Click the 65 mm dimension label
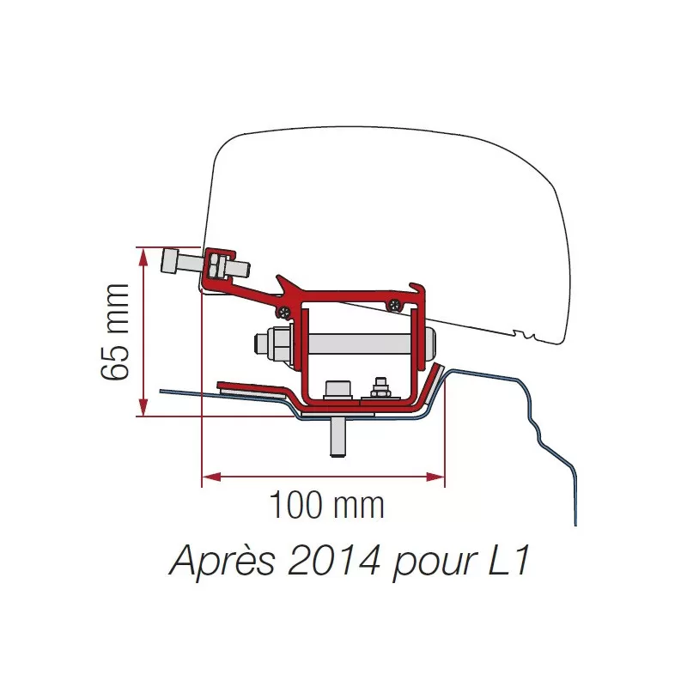[x=115, y=331]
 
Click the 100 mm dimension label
[x=326, y=505]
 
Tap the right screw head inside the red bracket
[x=394, y=302]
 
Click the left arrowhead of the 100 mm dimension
[x=208, y=476]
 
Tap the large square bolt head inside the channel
[x=337, y=389]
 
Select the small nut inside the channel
[x=377, y=391]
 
